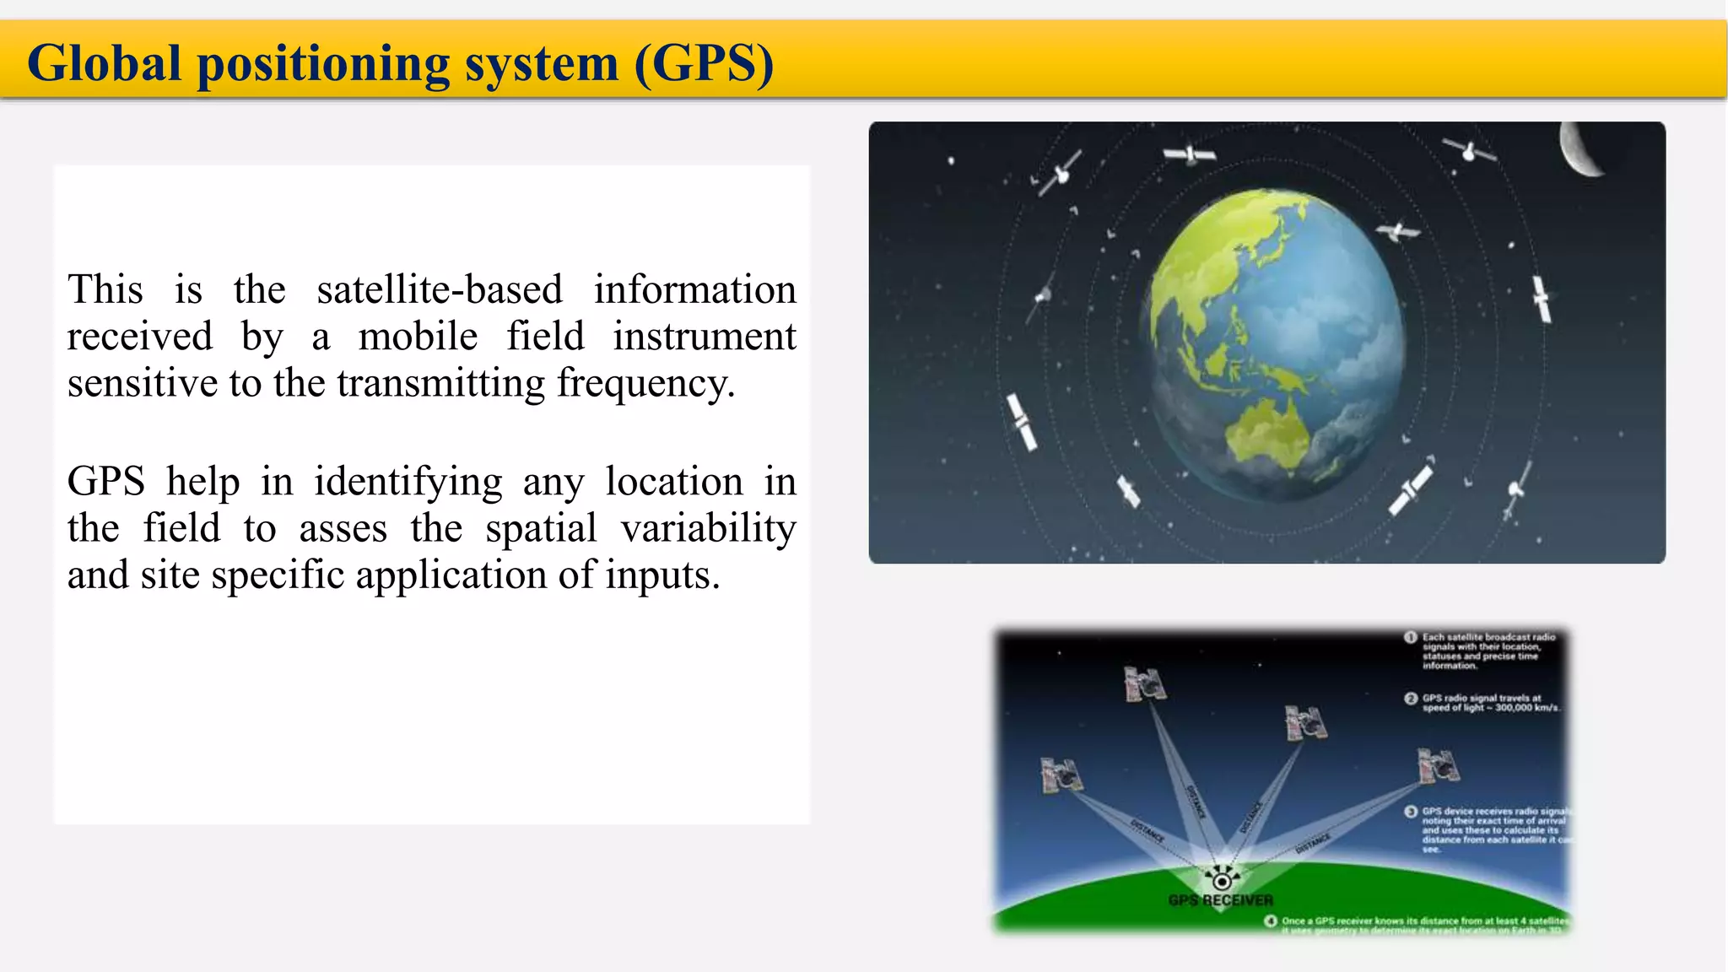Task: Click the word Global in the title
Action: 105,64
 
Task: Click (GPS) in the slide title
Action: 704,64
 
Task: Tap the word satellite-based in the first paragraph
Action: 439,290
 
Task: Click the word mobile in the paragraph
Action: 418,337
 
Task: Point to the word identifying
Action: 408,483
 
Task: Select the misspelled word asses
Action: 343,529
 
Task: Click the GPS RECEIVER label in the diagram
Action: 1220,900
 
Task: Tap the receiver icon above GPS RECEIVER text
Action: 1221,878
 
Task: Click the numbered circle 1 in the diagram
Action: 1410,637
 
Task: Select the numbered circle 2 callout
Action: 1410,699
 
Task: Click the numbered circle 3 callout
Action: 1410,812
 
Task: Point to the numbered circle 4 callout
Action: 1270,921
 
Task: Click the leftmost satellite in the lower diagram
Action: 1061,775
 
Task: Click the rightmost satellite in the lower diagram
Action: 1438,765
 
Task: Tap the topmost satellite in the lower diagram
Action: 1144,683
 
